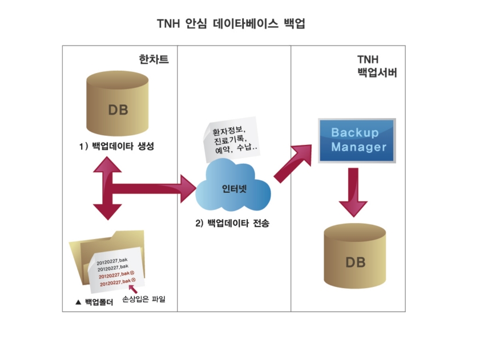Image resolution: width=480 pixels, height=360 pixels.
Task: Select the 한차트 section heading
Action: (x=154, y=59)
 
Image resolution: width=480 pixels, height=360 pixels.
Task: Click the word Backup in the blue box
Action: (x=355, y=133)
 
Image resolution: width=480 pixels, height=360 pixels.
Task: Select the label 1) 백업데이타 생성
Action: (x=118, y=147)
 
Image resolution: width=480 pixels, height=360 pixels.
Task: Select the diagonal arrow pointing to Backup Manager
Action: (x=293, y=163)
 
